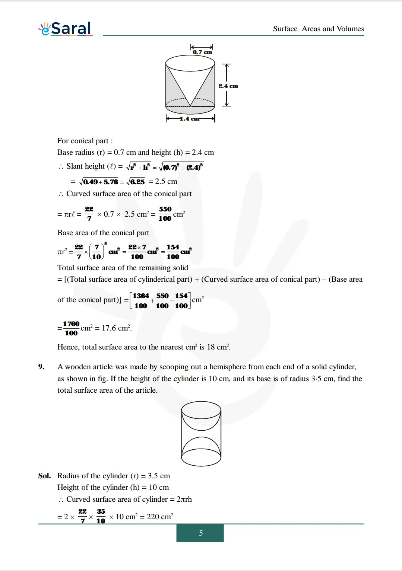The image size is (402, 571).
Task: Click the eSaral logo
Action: [x=66, y=28]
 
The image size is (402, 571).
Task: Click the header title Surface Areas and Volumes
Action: [x=318, y=29]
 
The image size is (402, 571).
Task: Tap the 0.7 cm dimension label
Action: [x=202, y=52]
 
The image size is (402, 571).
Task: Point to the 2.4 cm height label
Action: [x=228, y=86]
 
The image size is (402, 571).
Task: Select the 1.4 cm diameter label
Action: [x=190, y=119]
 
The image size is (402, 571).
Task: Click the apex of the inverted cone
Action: [x=190, y=106]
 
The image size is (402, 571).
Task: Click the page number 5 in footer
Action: [x=200, y=533]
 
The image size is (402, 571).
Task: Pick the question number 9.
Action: [x=41, y=367]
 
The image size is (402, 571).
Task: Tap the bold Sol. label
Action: [x=44, y=476]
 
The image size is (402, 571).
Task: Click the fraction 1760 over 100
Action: [x=71, y=328]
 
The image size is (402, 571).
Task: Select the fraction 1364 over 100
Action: [x=141, y=301]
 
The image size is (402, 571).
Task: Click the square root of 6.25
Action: [x=136, y=182]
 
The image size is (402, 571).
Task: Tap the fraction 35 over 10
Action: [x=101, y=516]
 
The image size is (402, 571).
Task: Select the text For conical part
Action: [x=85, y=141]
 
